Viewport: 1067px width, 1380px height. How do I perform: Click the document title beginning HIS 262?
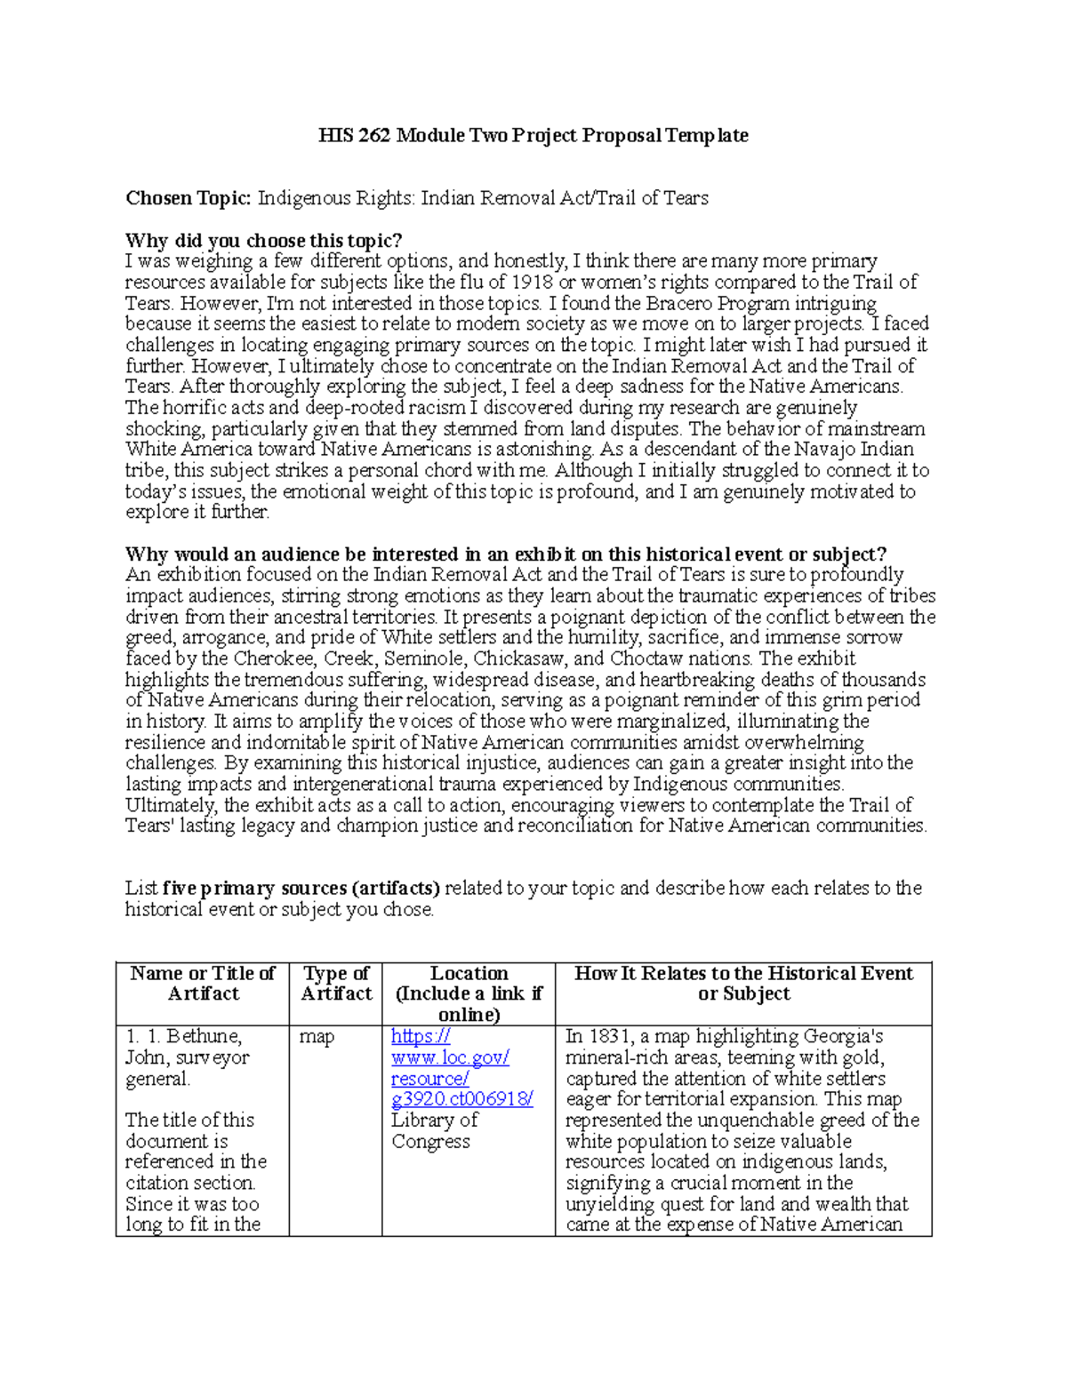coord(533,136)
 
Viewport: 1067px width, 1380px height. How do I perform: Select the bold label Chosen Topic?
coord(189,198)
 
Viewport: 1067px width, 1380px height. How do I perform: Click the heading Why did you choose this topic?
coord(263,241)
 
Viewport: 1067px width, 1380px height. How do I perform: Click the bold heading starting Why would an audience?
coord(505,554)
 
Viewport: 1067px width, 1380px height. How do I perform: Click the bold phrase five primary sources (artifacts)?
coord(301,888)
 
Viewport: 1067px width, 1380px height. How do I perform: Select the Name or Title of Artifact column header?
coord(203,984)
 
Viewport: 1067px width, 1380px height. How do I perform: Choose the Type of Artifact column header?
coord(335,984)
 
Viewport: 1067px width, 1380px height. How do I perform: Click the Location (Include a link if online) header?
coord(469,993)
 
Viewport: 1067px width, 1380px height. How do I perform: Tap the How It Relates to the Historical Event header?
coord(743,984)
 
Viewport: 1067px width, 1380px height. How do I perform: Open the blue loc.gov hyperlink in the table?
coord(450,1068)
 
